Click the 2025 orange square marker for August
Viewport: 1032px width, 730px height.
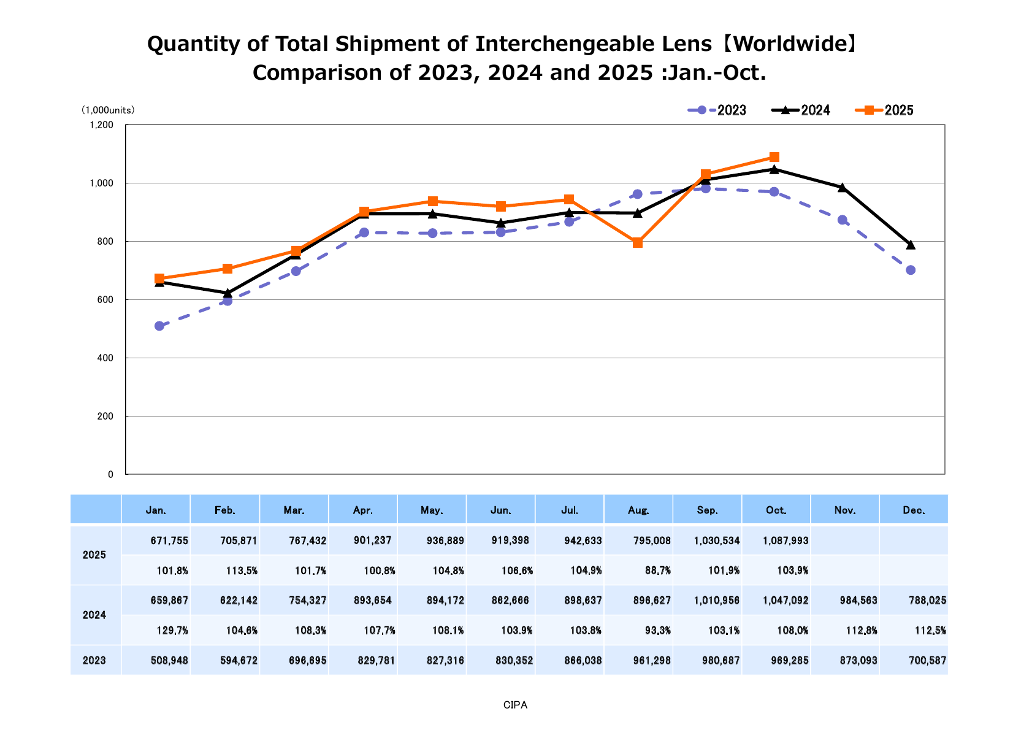(637, 243)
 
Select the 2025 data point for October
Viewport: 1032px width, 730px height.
(774, 157)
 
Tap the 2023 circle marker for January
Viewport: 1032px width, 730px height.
(159, 326)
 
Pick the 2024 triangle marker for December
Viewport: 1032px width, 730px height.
(911, 245)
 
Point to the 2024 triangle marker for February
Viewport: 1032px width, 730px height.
(227, 293)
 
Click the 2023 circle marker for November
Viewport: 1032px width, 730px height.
(843, 220)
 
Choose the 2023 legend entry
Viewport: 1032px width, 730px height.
(717, 110)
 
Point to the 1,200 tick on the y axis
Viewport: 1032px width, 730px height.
(101, 125)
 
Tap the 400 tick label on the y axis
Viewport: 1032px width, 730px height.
(105, 358)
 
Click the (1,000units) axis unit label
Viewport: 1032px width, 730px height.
(108, 110)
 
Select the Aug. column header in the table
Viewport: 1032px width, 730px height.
(638, 510)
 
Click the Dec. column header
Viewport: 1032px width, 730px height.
(914, 510)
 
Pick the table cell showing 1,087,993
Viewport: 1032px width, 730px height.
(785, 541)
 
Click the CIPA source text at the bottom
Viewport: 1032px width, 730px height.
(515, 705)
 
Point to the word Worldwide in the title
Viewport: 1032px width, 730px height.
(789, 44)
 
